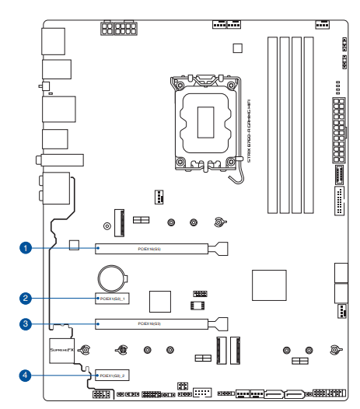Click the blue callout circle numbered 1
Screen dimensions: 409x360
26,248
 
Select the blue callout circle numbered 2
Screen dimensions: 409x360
26,297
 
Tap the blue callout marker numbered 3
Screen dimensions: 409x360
26,323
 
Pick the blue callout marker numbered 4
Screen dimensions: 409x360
26,374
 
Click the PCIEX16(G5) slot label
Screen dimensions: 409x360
151,249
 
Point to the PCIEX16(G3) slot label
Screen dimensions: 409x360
151,323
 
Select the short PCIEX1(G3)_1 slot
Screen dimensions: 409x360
112,298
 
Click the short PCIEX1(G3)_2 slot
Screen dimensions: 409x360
112,375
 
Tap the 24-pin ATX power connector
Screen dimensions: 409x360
337,124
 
